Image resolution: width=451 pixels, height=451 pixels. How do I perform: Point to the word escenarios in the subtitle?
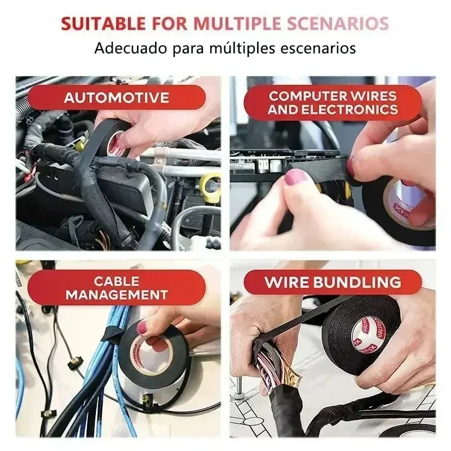coord(318,48)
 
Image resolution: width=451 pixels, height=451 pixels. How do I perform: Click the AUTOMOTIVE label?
coord(117,98)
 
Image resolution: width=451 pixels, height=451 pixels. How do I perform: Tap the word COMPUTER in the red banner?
coord(307,96)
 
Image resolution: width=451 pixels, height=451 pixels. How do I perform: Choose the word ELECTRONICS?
coord(350,109)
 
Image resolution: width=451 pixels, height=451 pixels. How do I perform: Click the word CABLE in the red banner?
coord(117,281)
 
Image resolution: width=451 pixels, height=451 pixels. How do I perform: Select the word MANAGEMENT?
coord(117,295)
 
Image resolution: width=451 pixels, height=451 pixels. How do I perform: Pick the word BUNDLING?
coord(357,282)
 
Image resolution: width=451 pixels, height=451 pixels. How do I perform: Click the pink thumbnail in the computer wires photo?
coord(295,176)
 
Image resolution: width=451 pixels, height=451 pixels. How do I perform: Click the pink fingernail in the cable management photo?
coord(142,328)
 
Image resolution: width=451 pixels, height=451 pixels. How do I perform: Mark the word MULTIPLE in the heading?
coord(237,23)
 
